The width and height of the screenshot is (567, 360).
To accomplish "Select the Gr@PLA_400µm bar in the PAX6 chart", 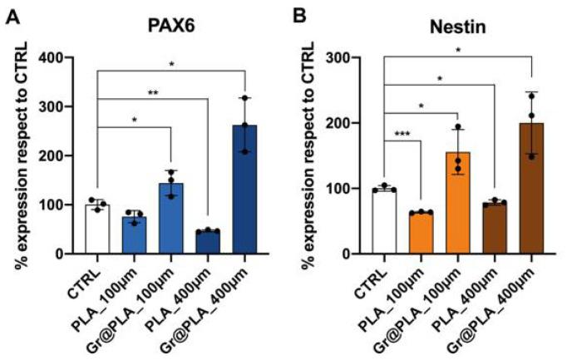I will point(244,191).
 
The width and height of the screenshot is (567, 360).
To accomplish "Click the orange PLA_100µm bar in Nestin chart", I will point(422,234).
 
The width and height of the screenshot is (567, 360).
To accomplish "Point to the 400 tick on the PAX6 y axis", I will point(67,58).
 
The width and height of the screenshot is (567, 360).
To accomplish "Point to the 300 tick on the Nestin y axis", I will point(353,58).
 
